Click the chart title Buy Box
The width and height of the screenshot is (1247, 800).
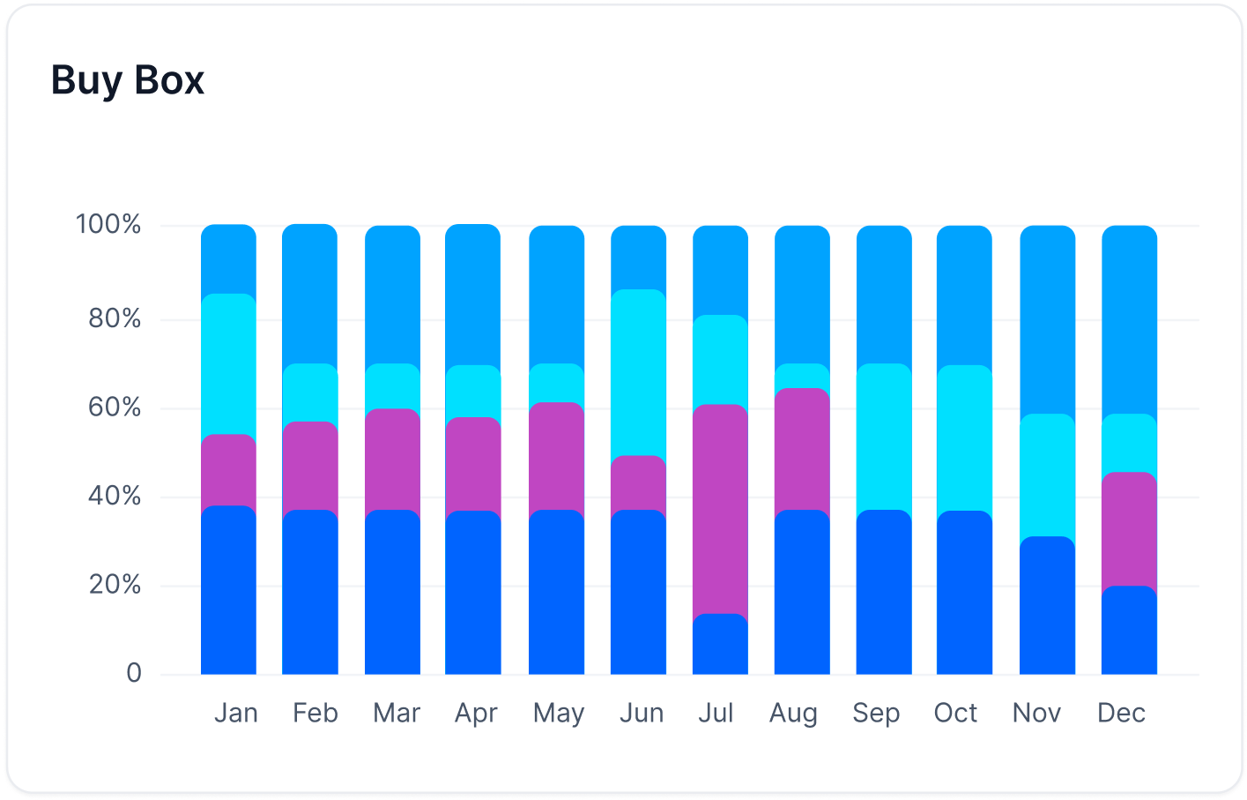[128, 80]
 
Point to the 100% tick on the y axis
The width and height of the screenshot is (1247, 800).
[108, 225]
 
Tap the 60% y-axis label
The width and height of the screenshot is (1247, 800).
[115, 407]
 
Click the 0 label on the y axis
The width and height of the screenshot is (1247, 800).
[134, 674]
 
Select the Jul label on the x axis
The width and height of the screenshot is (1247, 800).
[716, 713]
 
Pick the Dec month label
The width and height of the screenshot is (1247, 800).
[1121, 713]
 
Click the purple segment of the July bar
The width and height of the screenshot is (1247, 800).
[720, 510]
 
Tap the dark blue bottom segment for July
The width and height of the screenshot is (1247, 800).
[720, 647]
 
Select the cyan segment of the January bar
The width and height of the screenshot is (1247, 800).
[228, 365]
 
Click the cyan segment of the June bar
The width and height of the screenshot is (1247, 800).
[638, 373]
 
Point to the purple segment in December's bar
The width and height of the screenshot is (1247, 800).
[1129, 530]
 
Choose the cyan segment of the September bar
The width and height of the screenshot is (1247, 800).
[884, 437]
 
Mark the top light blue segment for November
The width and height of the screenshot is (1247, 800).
[1047, 320]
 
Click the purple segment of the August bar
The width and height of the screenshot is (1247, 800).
[802, 450]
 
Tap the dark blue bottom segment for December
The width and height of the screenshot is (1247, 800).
[1129, 632]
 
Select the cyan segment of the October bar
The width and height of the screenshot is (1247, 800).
[964, 438]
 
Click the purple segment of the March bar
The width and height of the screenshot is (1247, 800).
[392, 460]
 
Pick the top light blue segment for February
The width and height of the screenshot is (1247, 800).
[309, 295]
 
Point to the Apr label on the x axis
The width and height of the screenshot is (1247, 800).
[476, 713]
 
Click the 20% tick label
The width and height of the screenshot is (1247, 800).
[115, 585]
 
